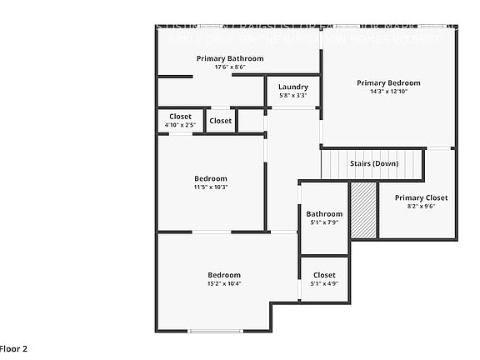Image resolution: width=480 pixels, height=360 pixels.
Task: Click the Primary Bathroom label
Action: (x=230, y=58)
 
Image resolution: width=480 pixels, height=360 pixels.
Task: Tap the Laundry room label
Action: (x=292, y=87)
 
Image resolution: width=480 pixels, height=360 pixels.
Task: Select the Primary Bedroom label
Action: (x=388, y=82)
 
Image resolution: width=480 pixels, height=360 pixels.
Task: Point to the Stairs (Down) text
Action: (x=373, y=163)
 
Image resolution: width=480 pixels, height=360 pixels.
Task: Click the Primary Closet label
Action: (x=421, y=197)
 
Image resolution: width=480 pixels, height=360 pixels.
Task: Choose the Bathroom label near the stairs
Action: (x=324, y=213)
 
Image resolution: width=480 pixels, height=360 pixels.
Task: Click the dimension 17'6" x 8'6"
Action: (x=230, y=67)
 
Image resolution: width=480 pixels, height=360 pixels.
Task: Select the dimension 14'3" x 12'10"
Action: (x=388, y=92)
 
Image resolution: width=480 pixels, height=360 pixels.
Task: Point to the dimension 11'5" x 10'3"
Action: (x=211, y=187)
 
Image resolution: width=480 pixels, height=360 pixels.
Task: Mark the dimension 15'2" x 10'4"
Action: (x=224, y=284)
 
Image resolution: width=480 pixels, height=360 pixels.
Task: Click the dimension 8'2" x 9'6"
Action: (x=421, y=207)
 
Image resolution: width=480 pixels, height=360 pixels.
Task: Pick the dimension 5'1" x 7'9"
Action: (x=324, y=222)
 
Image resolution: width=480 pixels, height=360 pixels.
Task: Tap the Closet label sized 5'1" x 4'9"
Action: (x=324, y=275)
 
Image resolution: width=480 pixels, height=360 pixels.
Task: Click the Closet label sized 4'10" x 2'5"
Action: (x=180, y=117)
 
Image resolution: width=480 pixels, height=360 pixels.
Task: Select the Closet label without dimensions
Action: (x=221, y=121)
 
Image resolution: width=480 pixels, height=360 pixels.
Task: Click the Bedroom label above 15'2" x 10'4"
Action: (x=224, y=275)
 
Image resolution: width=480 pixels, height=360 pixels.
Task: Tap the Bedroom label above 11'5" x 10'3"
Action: (x=211, y=178)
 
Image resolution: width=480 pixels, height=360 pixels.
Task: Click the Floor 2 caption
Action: (x=13, y=348)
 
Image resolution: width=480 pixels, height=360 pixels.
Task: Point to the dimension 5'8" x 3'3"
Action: (x=292, y=96)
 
